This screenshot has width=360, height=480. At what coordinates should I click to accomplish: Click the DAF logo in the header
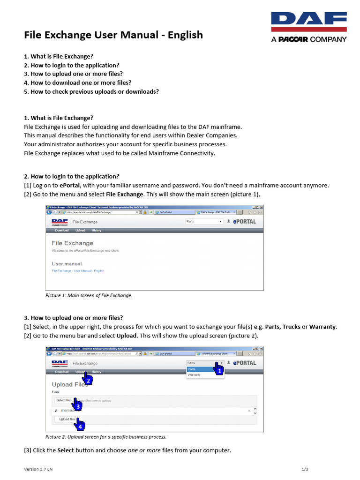tap(309, 22)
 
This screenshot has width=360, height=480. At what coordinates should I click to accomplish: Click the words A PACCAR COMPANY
tap(309, 39)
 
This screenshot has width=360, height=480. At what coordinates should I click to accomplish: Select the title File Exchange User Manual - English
tap(113, 35)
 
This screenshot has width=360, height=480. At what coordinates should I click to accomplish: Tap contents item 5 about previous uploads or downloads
tap(91, 91)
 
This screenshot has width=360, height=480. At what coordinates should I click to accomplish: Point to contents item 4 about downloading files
tap(77, 82)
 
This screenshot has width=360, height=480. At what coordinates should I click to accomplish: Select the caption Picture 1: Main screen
tap(89, 295)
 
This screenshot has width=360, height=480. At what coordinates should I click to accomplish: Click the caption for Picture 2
tap(105, 437)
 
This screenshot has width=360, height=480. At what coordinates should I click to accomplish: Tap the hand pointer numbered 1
tap(218, 369)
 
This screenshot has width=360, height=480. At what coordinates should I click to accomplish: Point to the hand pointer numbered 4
tap(79, 424)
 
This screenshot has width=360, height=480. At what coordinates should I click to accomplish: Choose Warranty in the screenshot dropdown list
tap(194, 375)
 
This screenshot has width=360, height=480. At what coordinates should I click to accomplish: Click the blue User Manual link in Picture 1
tap(78, 271)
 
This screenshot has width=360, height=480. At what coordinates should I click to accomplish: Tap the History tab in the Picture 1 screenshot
tap(96, 231)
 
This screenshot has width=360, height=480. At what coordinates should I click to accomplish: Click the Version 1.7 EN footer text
tap(42, 469)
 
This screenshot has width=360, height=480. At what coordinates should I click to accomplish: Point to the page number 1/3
tap(305, 469)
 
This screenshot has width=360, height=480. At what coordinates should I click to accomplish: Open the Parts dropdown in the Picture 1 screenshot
tap(204, 222)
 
